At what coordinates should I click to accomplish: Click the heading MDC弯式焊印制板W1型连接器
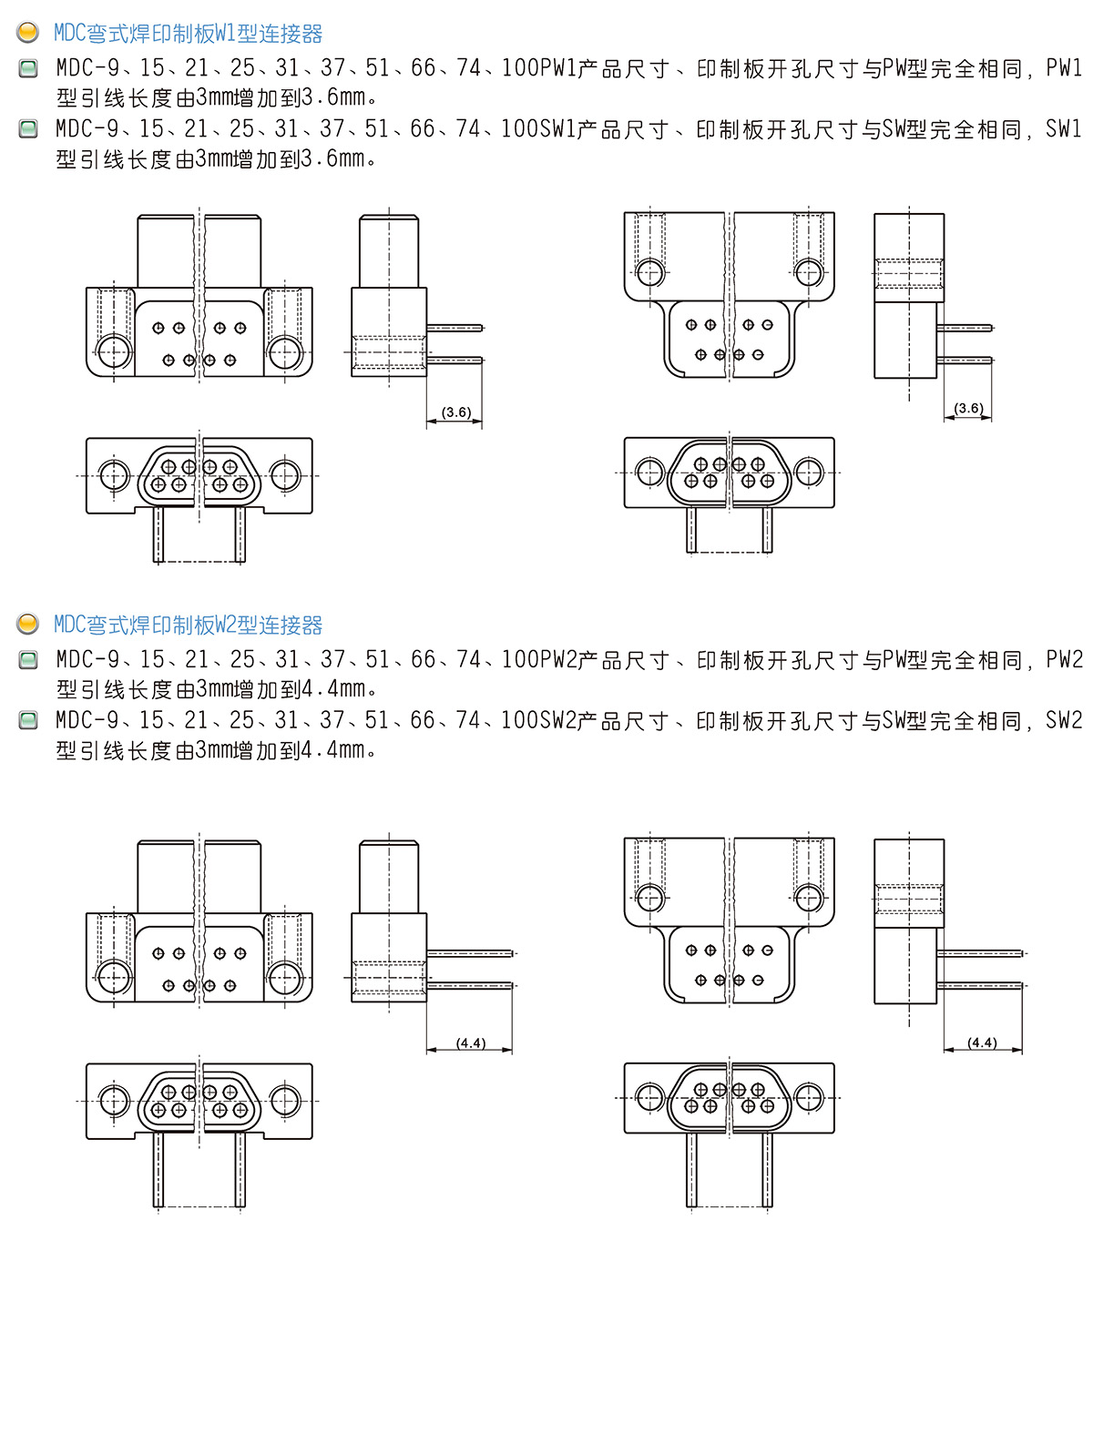(x=188, y=33)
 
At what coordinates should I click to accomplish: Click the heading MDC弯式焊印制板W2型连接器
(x=188, y=625)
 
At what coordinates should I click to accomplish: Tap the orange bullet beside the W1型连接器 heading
(x=27, y=32)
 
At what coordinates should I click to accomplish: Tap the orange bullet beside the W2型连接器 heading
(x=27, y=623)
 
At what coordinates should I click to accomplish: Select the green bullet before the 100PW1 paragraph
(x=27, y=67)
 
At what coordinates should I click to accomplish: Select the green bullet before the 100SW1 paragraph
(x=27, y=128)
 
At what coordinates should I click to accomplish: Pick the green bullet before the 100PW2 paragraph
(x=27, y=659)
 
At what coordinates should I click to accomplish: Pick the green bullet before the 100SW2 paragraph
(x=27, y=719)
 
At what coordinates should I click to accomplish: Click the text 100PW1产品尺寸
(x=585, y=67)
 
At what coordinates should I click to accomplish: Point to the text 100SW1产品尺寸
(x=585, y=129)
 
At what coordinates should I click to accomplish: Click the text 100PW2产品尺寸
(x=585, y=659)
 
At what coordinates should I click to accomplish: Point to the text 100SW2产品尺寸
(x=585, y=720)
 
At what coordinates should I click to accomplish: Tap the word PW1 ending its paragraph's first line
(x=1063, y=67)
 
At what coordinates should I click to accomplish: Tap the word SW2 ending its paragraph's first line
(x=1063, y=720)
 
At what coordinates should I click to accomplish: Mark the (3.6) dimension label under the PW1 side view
(x=456, y=412)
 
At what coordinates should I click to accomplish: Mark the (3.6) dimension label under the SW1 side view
(x=968, y=408)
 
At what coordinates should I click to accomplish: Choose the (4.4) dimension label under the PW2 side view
(x=471, y=1042)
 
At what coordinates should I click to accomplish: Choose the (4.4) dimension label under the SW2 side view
(x=982, y=1042)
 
